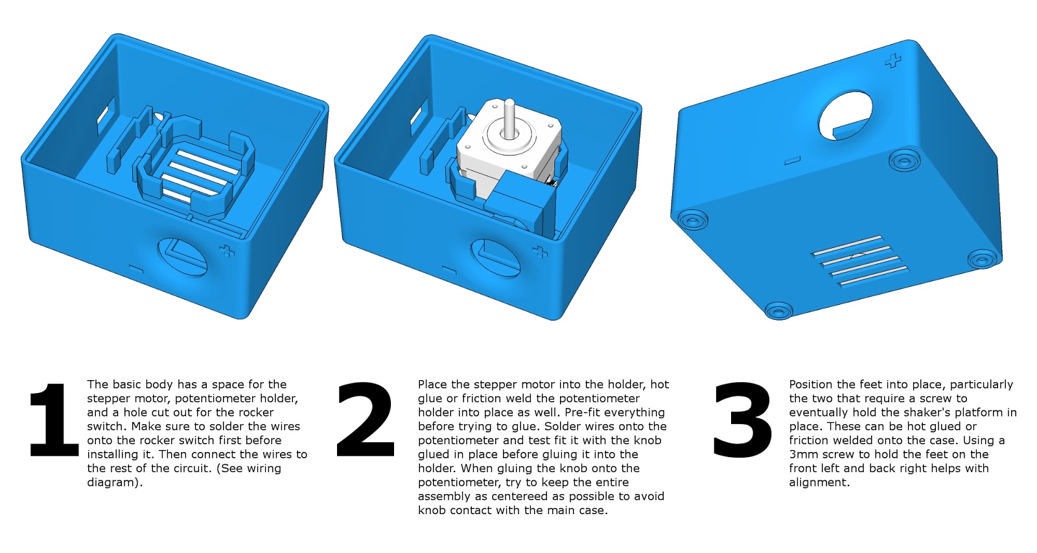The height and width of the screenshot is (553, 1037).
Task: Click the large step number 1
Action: click(55, 421)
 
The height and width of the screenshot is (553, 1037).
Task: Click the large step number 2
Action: click(366, 421)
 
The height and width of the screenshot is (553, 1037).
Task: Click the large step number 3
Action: click(743, 421)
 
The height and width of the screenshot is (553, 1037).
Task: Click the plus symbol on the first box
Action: click(226, 252)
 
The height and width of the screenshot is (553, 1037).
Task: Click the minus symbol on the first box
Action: click(136, 267)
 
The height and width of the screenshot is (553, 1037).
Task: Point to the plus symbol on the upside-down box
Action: click(894, 62)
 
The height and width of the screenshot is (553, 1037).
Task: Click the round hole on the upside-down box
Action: click(846, 115)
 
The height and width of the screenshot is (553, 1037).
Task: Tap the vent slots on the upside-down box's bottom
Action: click(859, 260)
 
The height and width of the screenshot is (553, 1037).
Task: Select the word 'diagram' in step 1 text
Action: click(112, 482)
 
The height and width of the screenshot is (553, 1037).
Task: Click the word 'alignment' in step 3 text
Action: click(818, 482)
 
